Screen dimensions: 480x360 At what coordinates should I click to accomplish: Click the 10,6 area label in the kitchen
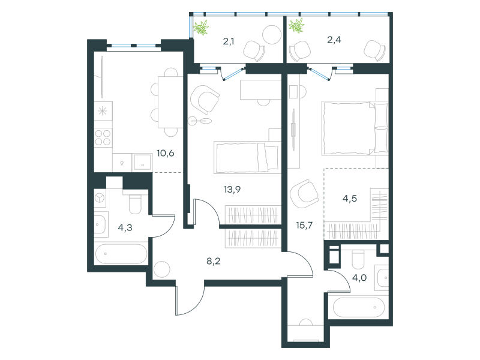[x=166, y=153]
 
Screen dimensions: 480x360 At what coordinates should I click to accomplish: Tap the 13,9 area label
[x=232, y=190]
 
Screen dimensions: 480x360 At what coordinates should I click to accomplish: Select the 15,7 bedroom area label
[x=304, y=226]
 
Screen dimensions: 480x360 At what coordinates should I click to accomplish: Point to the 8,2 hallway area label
[x=214, y=261]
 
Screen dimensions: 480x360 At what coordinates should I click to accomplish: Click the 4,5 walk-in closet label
[x=350, y=199]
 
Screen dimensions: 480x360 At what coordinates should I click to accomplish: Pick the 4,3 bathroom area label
[x=125, y=227]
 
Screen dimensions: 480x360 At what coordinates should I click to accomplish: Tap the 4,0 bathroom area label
[x=359, y=278]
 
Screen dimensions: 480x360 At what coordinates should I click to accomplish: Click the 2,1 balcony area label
[x=229, y=41]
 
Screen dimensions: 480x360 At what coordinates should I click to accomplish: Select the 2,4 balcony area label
[x=334, y=40]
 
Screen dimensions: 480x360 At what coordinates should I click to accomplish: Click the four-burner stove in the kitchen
[x=103, y=137]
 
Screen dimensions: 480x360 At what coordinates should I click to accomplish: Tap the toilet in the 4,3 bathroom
[x=134, y=203]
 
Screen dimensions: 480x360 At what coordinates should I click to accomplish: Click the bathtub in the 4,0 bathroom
[x=358, y=307]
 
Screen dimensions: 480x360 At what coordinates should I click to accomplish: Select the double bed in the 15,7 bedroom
[x=355, y=128]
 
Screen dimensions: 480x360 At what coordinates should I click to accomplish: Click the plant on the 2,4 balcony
[x=296, y=25]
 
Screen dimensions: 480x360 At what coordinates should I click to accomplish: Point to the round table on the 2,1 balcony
[x=272, y=35]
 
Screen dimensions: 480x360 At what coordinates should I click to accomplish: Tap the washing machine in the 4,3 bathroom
[x=100, y=199]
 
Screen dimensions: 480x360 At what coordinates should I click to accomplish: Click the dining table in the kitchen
[x=170, y=102]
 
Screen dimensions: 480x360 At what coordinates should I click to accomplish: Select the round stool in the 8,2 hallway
[x=161, y=269]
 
